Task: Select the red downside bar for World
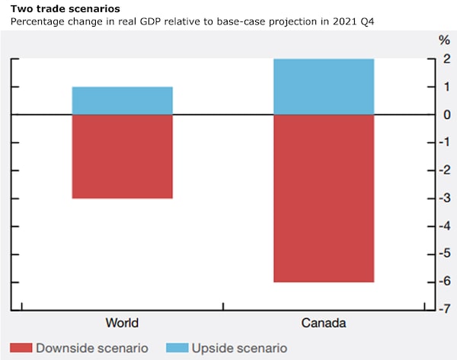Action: (x=123, y=156)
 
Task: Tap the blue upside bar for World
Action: (x=123, y=100)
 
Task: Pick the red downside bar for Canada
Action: (x=324, y=198)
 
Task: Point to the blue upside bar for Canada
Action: (x=324, y=87)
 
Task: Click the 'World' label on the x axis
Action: (x=123, y=323)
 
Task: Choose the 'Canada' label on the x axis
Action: (x=324, y=323)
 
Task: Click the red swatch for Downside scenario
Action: (x=21, y=348)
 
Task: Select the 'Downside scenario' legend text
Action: (x=92, y=348)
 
